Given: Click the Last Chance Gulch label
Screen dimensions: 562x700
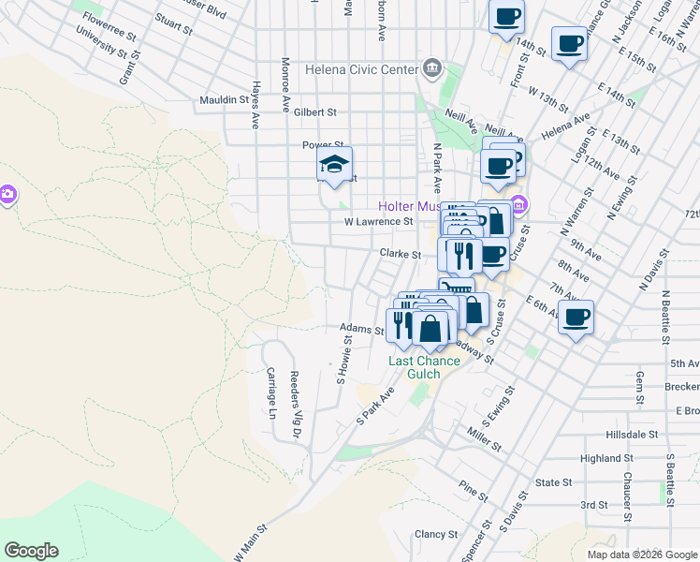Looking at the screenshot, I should pos(424,367).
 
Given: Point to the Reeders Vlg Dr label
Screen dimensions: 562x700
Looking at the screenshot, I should pos(294,406).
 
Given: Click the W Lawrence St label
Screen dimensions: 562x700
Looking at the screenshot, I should pos(378,222).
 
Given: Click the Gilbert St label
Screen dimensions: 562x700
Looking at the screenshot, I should pos(314,112).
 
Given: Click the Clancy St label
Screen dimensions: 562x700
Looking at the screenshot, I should pos(436,535).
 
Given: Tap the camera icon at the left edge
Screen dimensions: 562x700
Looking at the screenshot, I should pos(7,195).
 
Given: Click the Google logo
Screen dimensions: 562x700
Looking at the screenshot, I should pos(31,551).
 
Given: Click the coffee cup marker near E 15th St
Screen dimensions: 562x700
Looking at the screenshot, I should pos(569,43).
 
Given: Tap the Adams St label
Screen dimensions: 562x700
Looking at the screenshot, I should pos(361,330).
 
